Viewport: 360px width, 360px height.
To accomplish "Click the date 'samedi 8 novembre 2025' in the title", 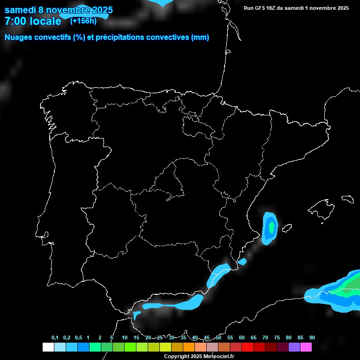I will [x=59, y=10].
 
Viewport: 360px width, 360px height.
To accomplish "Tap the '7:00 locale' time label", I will [x=33, y=21].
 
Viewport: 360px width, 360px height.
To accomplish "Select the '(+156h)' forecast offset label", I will [x=83, y=21].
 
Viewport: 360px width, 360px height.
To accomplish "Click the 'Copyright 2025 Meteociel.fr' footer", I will [x=199, y=356].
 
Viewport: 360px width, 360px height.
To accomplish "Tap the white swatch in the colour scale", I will [x=48, y=347].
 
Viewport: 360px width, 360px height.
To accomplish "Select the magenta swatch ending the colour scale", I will [x=306, y=347].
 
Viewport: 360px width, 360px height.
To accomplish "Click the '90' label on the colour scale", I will [x=312, y=338].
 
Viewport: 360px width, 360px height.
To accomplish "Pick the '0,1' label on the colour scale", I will [x=55, y=338].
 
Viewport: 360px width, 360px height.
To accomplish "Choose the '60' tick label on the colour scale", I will [x=241, y=338].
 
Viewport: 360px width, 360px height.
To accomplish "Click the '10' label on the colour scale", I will [x=124, y=338].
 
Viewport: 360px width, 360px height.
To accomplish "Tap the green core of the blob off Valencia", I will [x=271, y=226].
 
